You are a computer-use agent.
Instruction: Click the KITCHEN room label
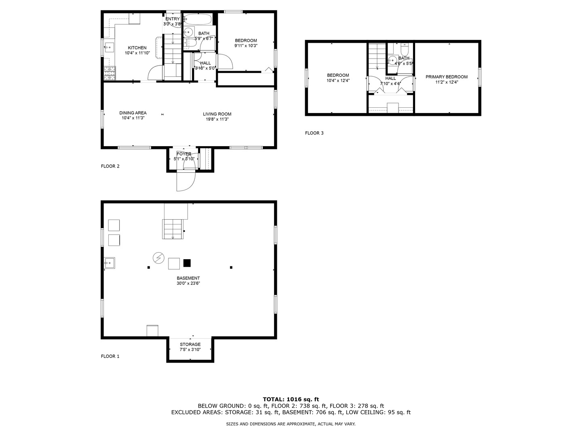[x=137, y=48]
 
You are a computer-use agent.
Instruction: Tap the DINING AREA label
[x=133, y=113]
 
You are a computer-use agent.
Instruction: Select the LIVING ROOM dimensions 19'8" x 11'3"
[x=217, y=119]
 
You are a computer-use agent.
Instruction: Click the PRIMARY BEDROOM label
[x=446, y=77]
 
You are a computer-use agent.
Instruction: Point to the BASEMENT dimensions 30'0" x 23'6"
[x=188, y=283]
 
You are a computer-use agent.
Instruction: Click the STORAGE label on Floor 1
[x=190, y=344]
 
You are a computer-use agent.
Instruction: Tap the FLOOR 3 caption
[x=314, y=133]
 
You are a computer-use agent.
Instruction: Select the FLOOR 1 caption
[x=110, y=356]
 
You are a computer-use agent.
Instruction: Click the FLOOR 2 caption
[x=110, y=166]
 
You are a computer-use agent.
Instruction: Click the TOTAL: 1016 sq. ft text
[x=291, y=399]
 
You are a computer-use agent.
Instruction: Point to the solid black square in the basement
[x=187, y=263]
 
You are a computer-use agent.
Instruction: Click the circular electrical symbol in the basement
[x=158, y=257]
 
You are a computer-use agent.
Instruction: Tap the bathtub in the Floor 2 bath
[x=198, y=19]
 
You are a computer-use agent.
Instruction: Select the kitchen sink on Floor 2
[x=109, y=48]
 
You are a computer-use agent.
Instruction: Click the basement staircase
[x=173, y=229]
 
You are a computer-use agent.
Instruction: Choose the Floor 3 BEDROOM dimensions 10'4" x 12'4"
[x=337, y=81]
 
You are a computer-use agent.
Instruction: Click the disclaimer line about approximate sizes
[x=291, y=424]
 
